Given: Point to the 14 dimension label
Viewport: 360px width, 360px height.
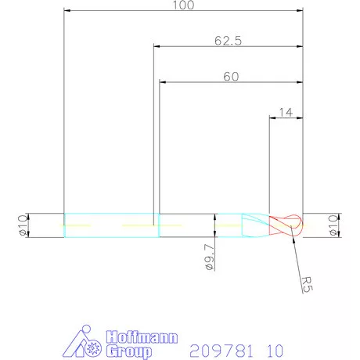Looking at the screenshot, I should pos(286,112).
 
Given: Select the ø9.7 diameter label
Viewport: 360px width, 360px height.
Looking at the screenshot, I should pos(209,257).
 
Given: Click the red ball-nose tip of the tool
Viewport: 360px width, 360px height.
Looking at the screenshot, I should pos(286,224).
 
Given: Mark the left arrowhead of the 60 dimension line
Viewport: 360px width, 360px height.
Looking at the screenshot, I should pos(163,82).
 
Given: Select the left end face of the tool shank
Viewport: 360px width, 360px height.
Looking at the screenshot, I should pos(63,224).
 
